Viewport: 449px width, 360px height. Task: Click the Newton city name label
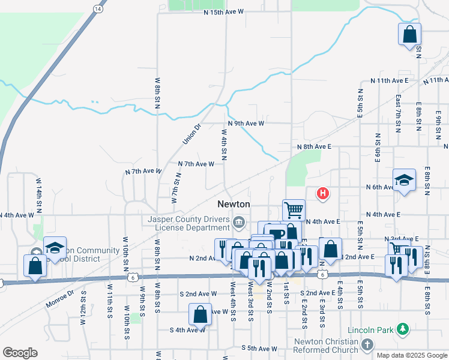234,204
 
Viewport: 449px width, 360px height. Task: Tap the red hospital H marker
324,193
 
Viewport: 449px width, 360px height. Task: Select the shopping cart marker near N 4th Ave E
294,210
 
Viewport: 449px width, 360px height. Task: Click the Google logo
20,353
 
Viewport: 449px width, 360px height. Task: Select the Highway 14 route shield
97,8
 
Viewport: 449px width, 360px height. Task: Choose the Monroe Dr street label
59,299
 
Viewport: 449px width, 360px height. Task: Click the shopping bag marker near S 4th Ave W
200,313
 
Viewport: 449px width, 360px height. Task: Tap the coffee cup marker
276,234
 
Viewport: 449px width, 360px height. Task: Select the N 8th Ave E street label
314,146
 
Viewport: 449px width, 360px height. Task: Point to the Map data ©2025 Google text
411,355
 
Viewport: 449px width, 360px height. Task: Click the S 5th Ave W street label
259,347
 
